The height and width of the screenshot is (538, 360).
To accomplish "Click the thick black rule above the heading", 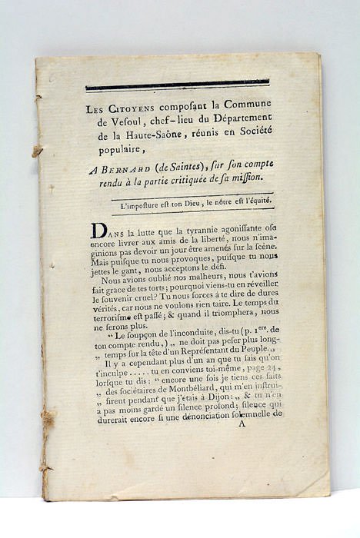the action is pos(178,85).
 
